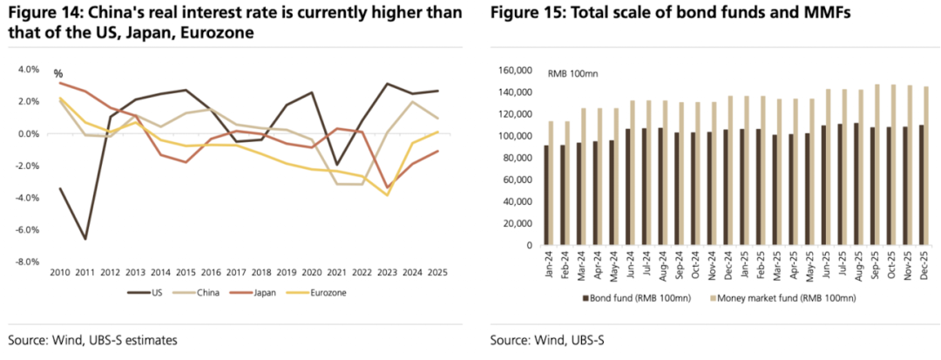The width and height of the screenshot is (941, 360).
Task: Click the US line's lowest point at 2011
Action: pos(85,239)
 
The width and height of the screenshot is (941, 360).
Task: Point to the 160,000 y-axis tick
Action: pos(513,71)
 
